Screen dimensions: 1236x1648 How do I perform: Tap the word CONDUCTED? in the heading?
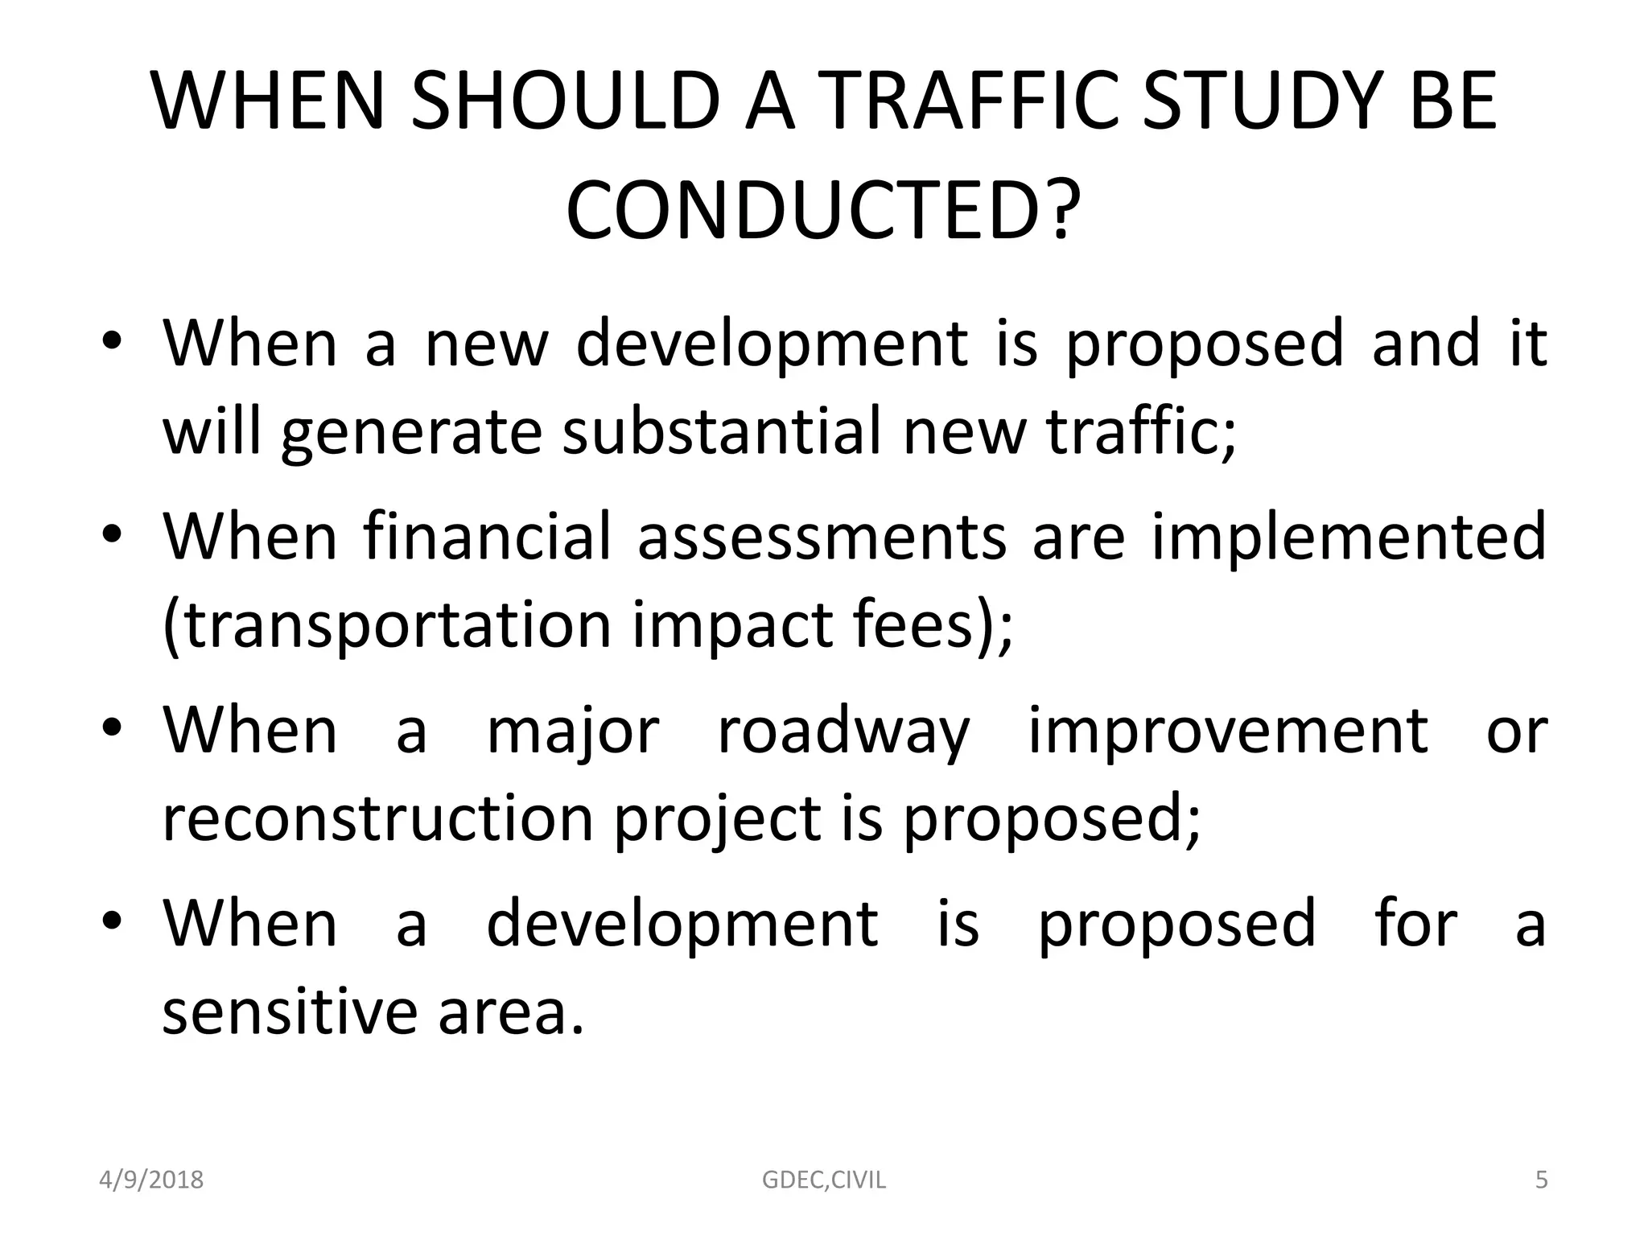[822, 210]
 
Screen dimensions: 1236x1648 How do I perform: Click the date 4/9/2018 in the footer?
[151, 1180]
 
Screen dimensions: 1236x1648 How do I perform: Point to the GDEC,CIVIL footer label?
[823, 1180]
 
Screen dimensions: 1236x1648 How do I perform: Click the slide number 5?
[1541, 1180]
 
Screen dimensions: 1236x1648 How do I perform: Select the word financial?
[488, 537]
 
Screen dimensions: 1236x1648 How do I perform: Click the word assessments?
[822, 537]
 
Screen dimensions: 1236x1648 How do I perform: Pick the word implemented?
[1349, 537]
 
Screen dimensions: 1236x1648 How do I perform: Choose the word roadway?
[843, 731]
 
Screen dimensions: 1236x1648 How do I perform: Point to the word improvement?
[1228, 731]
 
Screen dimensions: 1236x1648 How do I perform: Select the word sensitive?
[290, 1011]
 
